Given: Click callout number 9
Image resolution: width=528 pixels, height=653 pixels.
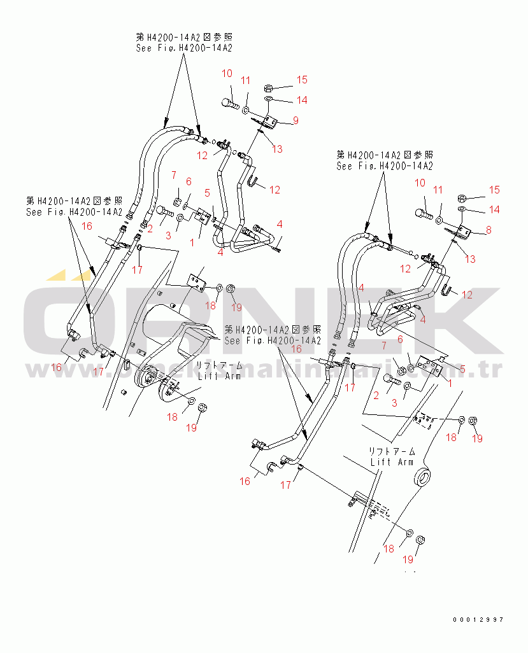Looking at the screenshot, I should [296, 120].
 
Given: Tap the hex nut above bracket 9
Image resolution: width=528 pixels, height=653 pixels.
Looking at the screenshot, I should [268, 87].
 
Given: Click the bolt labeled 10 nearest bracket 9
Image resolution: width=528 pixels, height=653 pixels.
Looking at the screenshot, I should [230, 102].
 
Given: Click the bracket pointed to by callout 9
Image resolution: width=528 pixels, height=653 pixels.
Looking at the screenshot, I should [268, 120].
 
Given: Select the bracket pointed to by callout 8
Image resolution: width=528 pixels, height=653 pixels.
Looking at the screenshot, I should [463, 233].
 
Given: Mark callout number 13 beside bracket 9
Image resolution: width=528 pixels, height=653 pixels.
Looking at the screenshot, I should [276, 149].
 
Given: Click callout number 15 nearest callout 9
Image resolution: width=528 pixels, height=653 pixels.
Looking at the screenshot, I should [301, 80].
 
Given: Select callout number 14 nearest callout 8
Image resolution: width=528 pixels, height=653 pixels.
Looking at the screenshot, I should [494, 209].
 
